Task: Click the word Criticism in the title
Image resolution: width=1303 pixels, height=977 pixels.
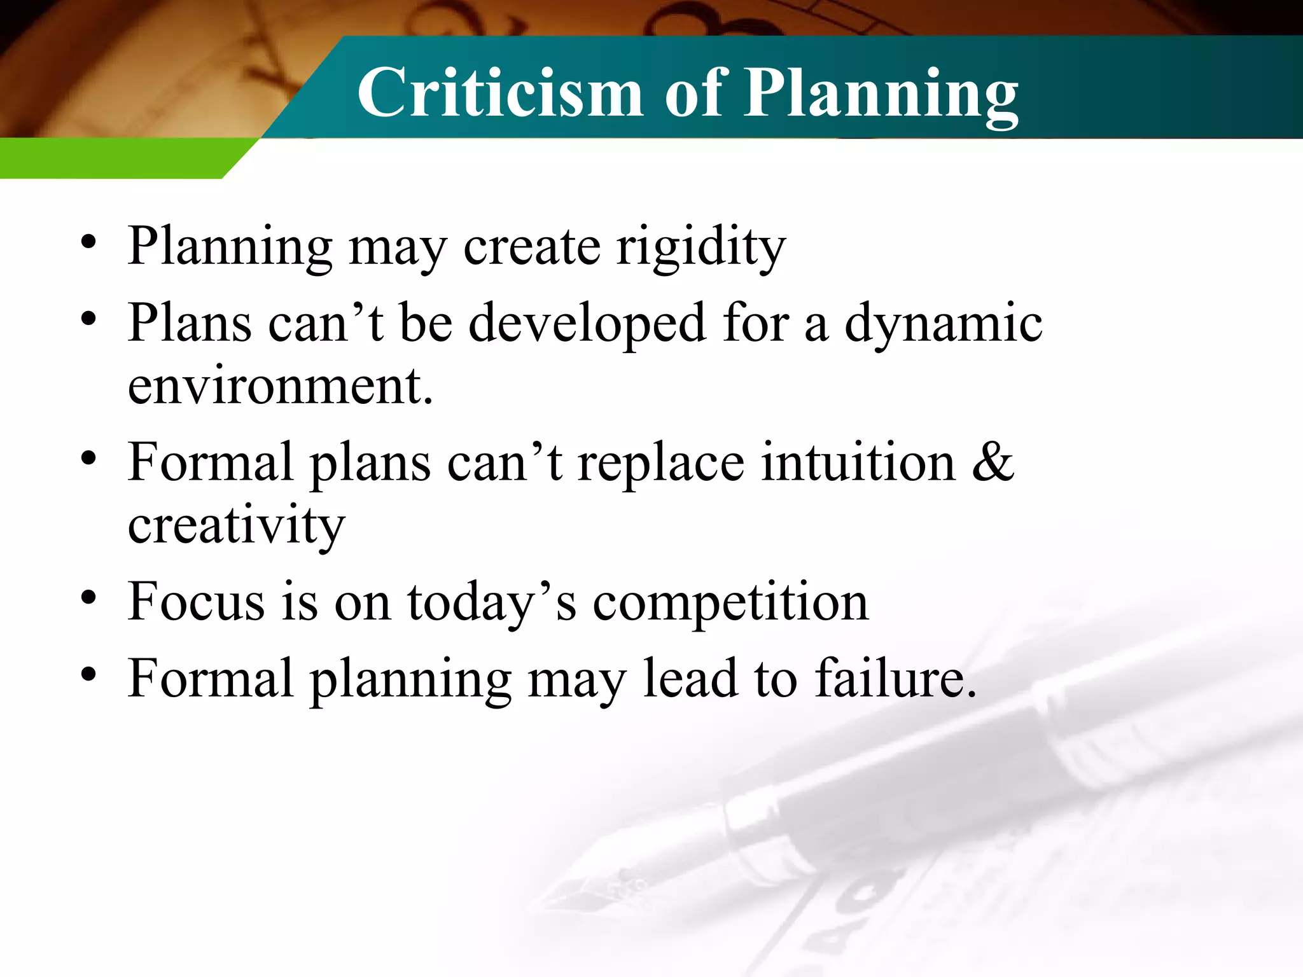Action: (500, 94)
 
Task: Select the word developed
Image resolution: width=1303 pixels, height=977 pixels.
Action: (587, 323)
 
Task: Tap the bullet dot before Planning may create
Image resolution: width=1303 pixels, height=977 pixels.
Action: (88, 242)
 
